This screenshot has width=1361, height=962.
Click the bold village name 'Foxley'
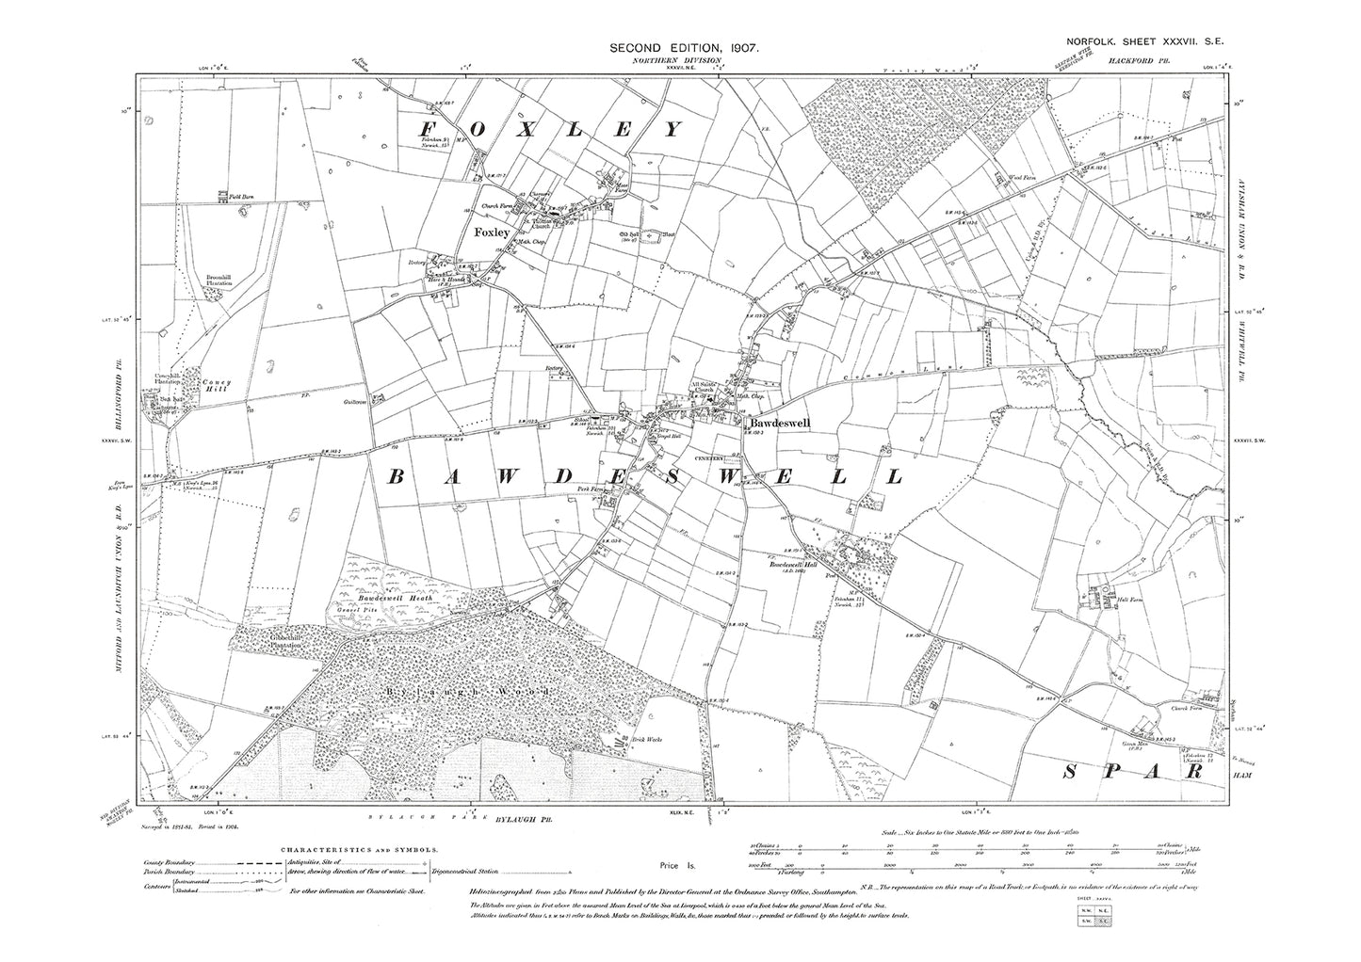click(x=492, y=232)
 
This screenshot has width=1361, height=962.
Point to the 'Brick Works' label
click(x=647, y=740)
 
